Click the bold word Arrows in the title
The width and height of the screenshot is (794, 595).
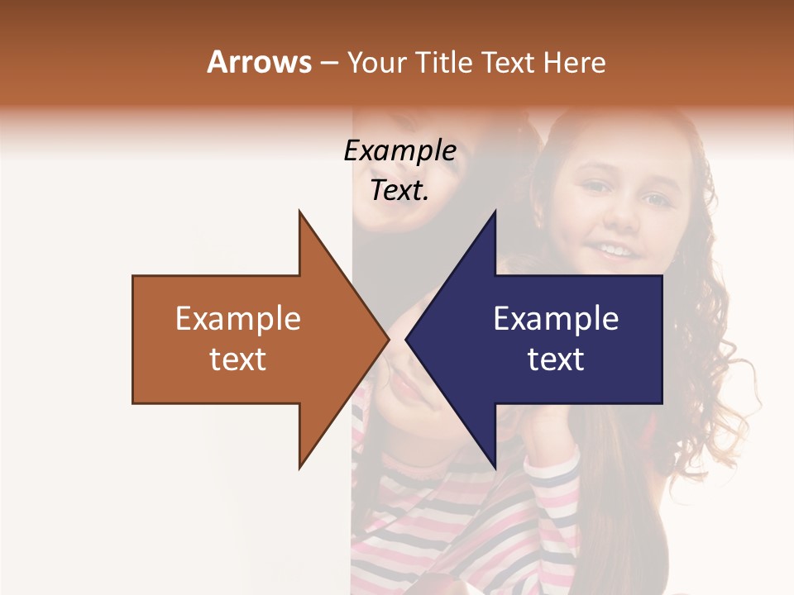[259, 62]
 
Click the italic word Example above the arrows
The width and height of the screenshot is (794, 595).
[399, 150]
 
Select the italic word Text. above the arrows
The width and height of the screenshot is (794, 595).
[399, 190]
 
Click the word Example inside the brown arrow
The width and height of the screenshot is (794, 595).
[238, 319]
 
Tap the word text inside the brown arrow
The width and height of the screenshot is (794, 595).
[238, 359]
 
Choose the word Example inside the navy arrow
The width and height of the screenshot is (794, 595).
[556, 319]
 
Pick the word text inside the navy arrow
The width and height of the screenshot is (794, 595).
[556, 359]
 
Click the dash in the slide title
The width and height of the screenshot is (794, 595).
[328, 63]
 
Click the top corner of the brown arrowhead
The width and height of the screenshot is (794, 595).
[300, 212]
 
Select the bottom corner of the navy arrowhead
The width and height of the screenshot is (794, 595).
[495, 468]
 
